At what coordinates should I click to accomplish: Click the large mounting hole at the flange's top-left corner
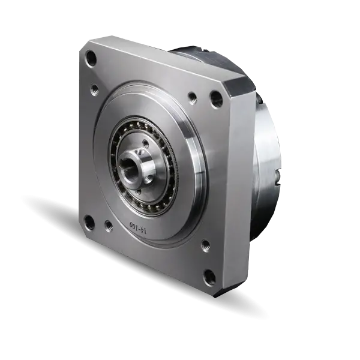(91, 58)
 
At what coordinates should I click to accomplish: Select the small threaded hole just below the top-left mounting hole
(94, 88)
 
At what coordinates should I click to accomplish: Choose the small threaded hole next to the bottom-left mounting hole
(108, 226)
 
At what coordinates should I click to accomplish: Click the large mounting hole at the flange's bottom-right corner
(210, 277)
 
